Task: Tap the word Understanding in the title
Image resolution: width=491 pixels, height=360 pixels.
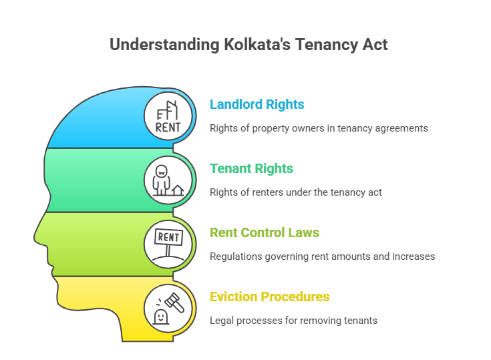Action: [164, 45]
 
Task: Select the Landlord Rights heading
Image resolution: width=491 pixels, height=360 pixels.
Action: [257, 105]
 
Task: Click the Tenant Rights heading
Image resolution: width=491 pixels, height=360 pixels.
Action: [251, 169]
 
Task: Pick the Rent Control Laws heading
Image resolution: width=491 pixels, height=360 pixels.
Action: [265, 232]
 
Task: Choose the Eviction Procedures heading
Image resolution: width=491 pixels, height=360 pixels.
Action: [270, 297]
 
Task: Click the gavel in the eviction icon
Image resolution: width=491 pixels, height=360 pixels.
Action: [175, 302]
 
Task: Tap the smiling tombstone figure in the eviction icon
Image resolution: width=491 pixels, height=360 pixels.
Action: [160, 317]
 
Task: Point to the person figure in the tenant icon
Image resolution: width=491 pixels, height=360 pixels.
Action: [161, 180]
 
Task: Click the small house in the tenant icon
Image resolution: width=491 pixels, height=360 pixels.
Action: [178, 190]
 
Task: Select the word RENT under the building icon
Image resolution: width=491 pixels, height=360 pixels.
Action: [168, 128]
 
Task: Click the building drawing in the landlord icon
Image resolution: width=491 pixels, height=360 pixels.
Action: [168, 111]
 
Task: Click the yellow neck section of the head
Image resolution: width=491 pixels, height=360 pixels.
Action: [119, 309]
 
